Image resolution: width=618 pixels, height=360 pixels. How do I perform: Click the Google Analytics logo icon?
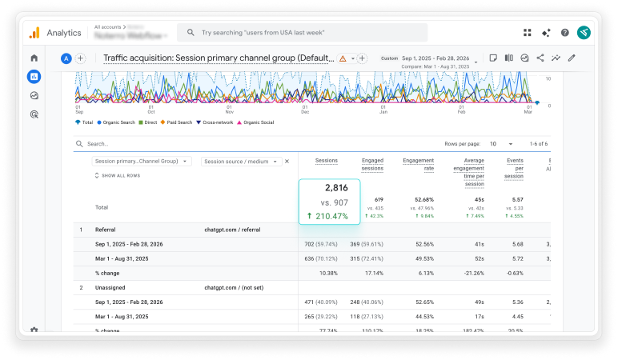(x=34, y=33)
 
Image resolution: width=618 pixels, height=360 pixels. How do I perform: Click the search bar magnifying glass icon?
(x=191, y=33)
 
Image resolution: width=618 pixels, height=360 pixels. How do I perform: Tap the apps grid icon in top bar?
(x=528, y=33)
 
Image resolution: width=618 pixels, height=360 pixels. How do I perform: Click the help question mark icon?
(x=565, y=33)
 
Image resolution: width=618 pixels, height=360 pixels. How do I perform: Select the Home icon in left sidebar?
(x=34, y=58)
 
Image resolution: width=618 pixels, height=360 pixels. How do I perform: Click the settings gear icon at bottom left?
(x=34, y=330)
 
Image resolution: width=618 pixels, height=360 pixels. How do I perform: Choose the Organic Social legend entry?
(x=255, y=122)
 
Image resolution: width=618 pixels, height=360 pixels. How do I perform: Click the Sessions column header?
(x=326, y=161)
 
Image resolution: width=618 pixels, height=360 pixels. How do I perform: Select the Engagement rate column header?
(x=418, y=164)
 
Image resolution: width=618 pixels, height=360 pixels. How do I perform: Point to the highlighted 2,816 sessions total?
(x=336, y=188)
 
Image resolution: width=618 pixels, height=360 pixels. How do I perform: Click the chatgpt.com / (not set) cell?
(x=232, y=286)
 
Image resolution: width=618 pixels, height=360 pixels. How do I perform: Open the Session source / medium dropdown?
(x=239, y=161)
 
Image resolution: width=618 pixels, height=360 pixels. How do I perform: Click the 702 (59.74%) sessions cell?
(x=319, y=244)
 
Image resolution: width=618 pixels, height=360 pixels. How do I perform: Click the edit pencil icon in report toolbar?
(x=572, y=58)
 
